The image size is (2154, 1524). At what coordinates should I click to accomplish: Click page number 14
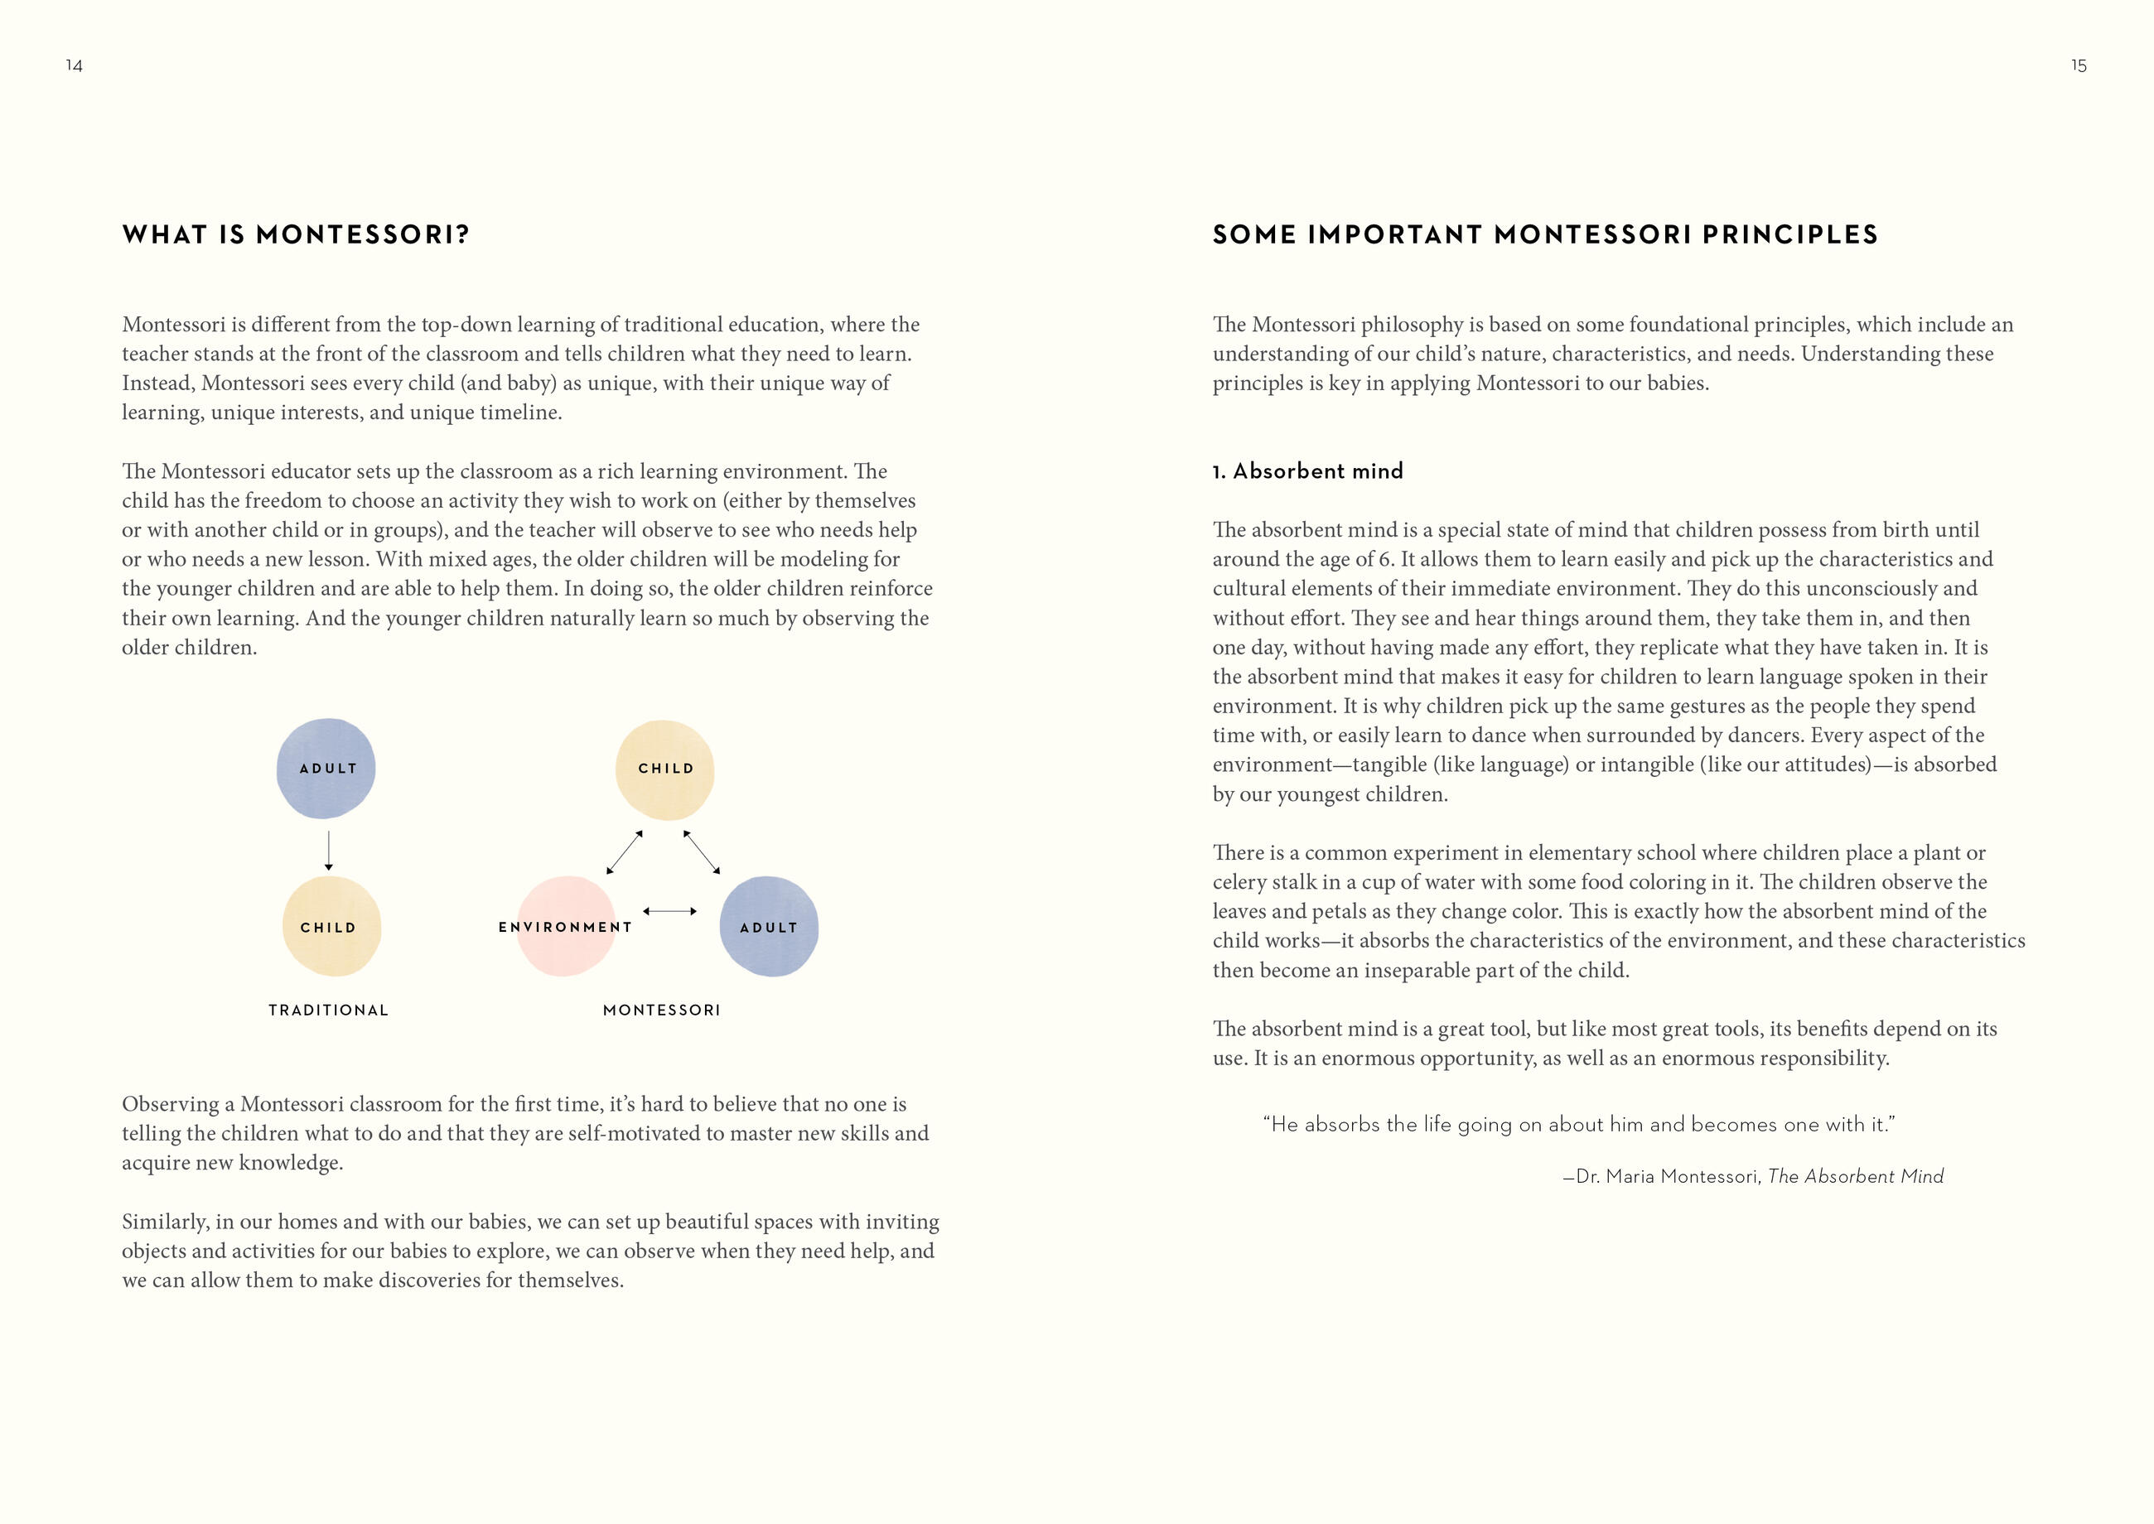[x=74, y=65]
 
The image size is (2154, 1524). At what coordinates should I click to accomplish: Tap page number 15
[x=2078, y=65]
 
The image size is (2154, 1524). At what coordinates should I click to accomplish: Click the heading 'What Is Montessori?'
[x=296, y=234]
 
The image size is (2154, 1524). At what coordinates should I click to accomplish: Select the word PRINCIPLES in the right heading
[x=1789, y=234]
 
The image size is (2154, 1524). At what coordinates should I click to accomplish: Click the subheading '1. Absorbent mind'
[x=1307, y=471]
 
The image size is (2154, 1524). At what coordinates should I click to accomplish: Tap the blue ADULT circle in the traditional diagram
[x=326, y=769]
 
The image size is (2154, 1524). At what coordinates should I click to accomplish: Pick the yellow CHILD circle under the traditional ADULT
[x=331, y=926]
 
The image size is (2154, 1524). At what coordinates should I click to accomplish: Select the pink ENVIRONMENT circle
[x=566, y=926]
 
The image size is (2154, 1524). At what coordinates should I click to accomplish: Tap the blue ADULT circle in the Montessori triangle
[x=769, y=926]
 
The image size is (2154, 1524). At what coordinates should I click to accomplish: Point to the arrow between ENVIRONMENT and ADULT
[x=669, y=911]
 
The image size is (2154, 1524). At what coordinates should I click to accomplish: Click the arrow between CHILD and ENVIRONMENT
[x=624, y=852]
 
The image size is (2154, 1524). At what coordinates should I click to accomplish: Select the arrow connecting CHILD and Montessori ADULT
[x=702, y=852]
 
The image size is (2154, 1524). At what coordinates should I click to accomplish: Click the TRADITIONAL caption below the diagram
[x=327, y=1010]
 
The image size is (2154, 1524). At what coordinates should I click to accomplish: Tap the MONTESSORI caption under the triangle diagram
[x=661, y=1010]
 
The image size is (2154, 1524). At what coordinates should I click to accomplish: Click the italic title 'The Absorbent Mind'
[x=1855, y=1177]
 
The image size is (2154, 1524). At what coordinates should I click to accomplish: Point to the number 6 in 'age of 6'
[x=1384, y=559]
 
